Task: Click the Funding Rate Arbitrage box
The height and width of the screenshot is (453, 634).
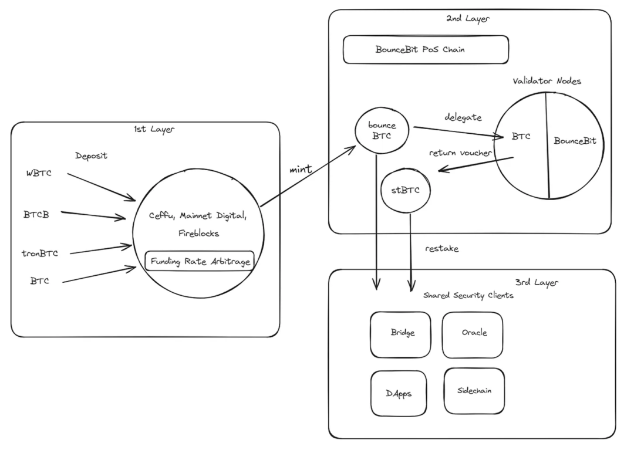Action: pos(200,262)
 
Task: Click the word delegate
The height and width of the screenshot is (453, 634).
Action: pos(463,118)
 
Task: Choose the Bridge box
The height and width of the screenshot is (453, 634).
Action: pos(403,333)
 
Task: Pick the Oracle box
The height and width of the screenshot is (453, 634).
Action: pos(473,333)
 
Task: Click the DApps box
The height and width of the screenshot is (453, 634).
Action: pos(399,393)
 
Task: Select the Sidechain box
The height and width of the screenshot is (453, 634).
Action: pos(474,390)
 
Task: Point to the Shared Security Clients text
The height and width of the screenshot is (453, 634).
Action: pos(468,295)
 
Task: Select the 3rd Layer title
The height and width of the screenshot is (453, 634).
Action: pos(538,283)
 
